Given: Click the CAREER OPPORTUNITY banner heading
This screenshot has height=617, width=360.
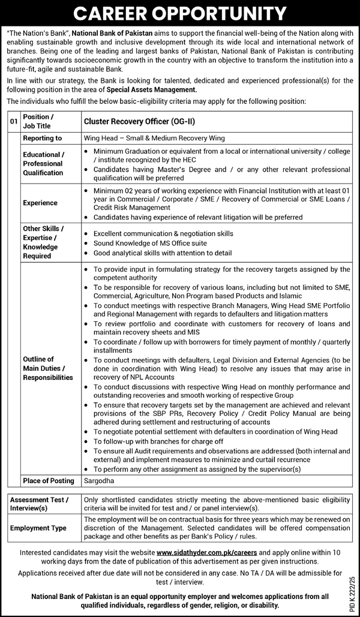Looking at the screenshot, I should [x=180, y=13].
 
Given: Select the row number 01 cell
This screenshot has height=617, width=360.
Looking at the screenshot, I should [x=14, y=121].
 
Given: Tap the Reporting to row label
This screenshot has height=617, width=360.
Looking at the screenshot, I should [x=42, y=138].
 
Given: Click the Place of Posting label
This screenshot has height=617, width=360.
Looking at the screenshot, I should [x=49, y=481].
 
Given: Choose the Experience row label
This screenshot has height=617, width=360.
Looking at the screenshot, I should [x=41, y=203].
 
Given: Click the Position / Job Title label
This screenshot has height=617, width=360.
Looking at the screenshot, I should [x=39, y=121].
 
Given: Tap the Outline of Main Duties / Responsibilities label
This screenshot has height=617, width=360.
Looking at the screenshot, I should [x=47, y=369].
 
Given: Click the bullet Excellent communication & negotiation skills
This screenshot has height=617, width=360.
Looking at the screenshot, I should [x=164, y=233].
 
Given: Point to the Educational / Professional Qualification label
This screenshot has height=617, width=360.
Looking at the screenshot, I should [x=43, y=163].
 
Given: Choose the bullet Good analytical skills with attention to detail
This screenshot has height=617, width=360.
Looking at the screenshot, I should [x=163, y=253].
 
